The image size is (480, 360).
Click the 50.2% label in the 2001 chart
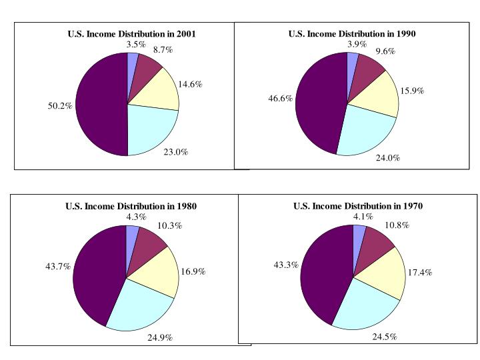60,105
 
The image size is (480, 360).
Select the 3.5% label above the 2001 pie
135,45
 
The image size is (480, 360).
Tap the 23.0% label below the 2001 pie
175,152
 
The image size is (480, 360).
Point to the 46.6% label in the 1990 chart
280,97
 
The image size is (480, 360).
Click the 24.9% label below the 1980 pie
160,338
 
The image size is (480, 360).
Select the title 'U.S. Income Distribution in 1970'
358,206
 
